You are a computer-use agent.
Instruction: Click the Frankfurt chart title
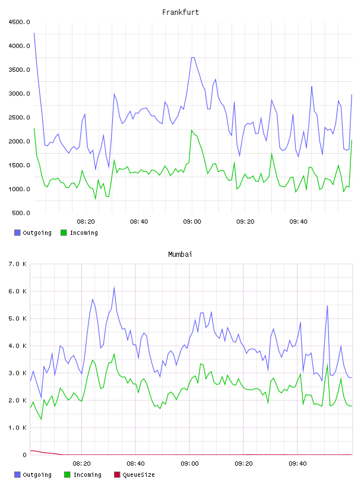pos(180,12)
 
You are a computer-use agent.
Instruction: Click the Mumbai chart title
pos(180,254)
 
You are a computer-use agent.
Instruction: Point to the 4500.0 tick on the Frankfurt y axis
pos(19,22)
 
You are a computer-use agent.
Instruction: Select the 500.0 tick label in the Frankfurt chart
pos(21,213)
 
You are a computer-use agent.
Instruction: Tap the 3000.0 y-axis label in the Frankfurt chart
pos(19,94)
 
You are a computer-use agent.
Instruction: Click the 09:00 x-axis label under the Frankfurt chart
pos(192,222)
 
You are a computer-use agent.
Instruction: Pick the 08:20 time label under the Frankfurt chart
pos(85,222)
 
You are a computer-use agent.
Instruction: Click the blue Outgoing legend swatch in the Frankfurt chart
pos(17,233)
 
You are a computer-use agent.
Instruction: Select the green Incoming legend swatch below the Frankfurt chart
pos(64,233)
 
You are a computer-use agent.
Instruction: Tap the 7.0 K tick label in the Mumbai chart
pos(17,264)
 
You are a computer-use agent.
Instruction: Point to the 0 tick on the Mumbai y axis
pos(25,455)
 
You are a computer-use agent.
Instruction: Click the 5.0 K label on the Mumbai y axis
pos(17,319)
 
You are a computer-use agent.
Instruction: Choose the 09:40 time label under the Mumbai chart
pos(297,464)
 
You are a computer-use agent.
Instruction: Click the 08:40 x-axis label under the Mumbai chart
pos(136,464)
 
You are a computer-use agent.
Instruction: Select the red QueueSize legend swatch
pos(117,475)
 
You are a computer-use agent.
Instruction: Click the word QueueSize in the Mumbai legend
pos(138,475)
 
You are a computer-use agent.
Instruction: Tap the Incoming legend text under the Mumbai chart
pos(87,475)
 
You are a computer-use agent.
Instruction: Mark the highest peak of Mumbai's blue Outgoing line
pos(115,288)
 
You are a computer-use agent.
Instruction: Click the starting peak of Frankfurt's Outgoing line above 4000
pos(34,33)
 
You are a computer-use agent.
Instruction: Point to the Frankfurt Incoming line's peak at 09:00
pos(192,130)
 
